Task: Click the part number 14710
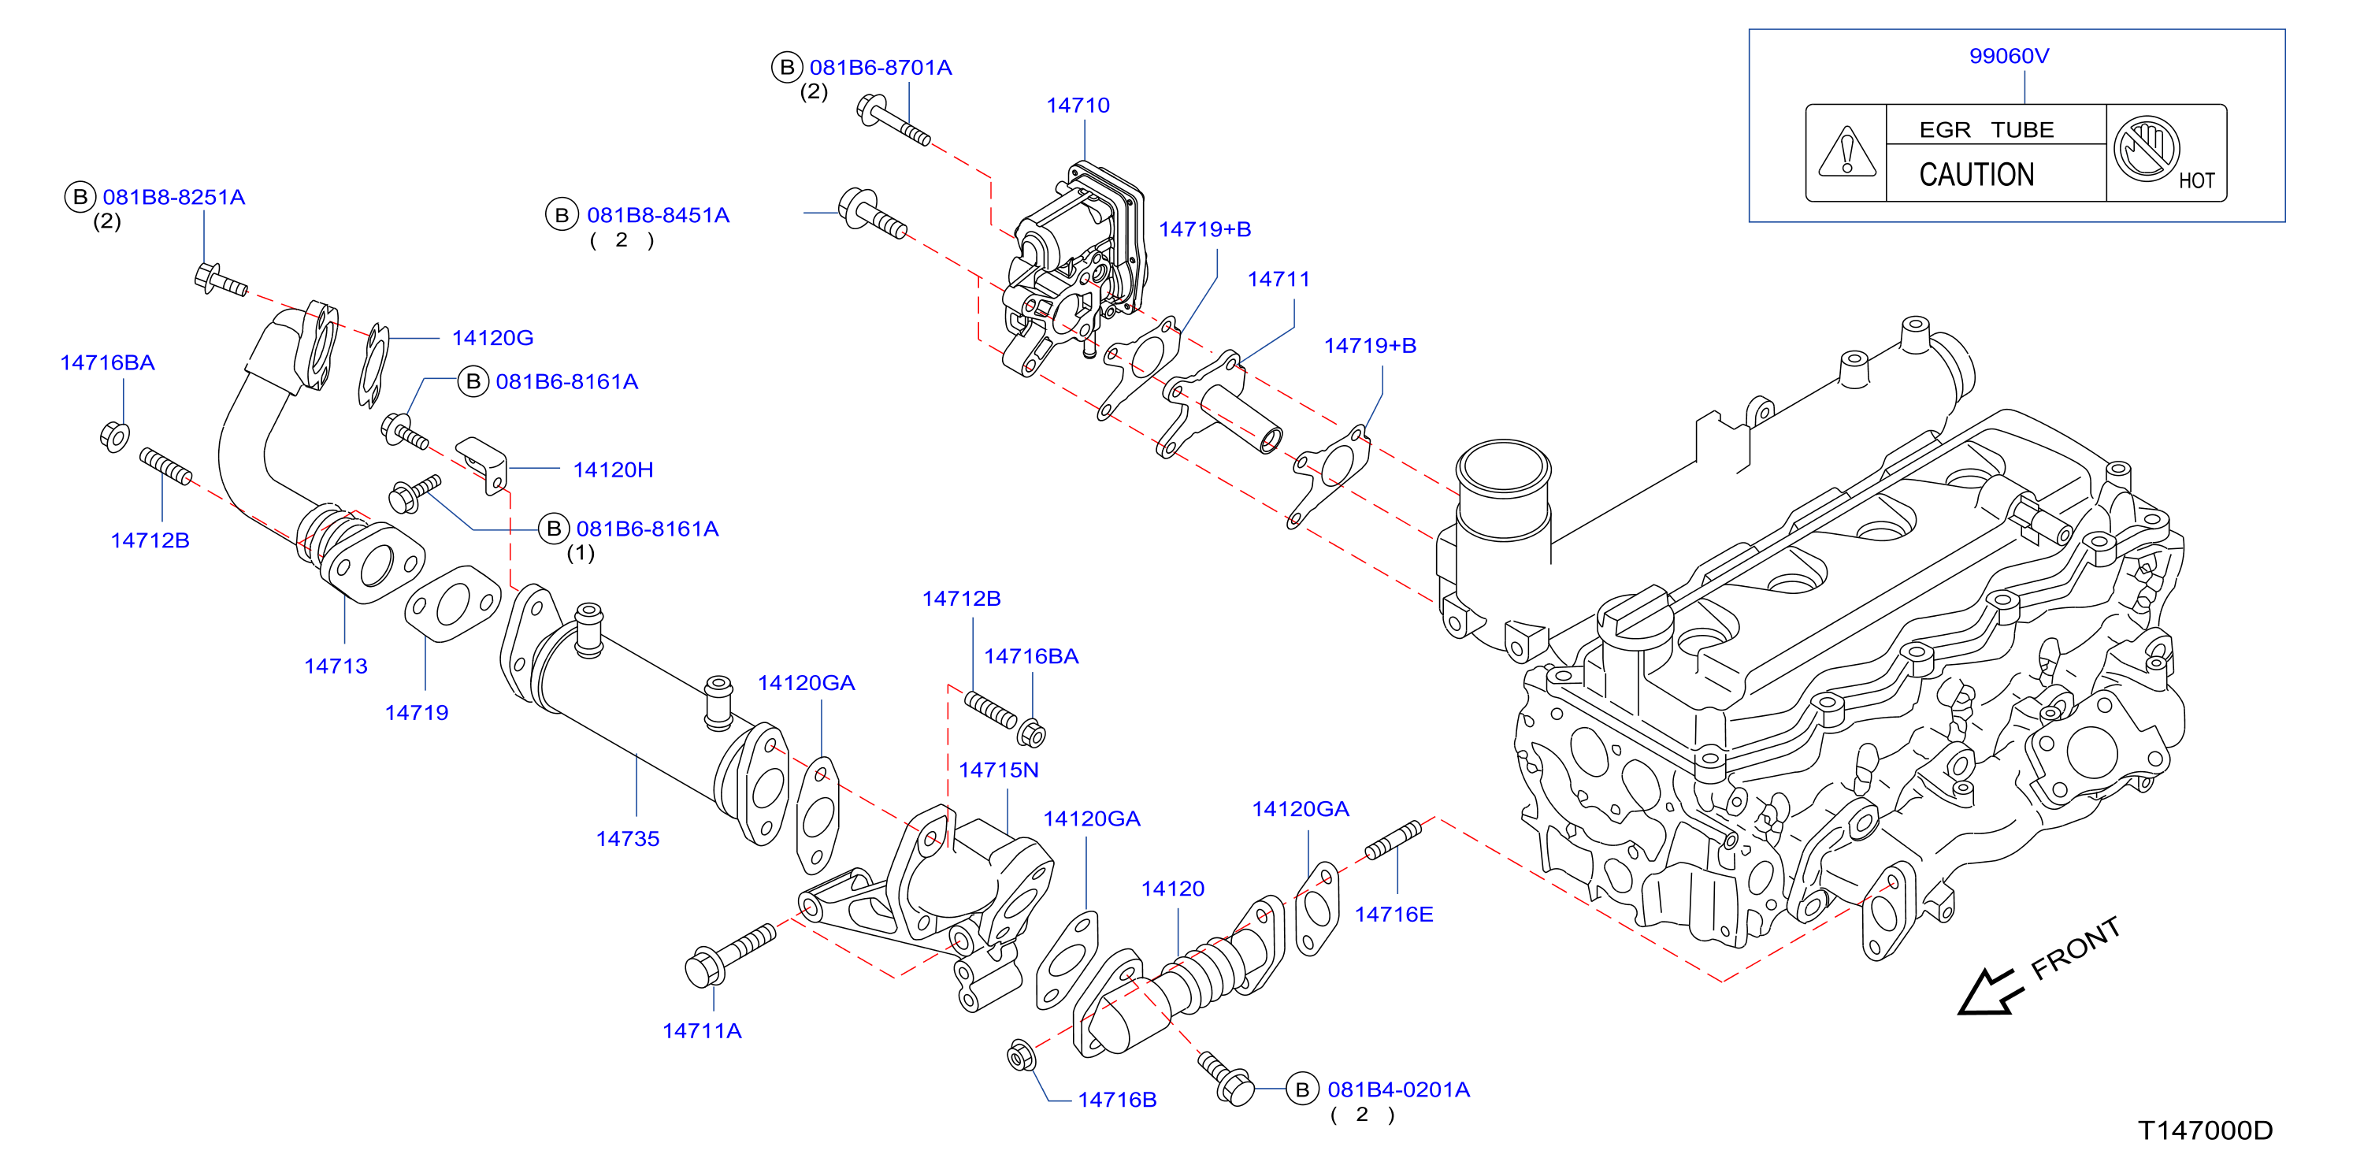coord(1078,106)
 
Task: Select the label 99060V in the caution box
coord(2009,56)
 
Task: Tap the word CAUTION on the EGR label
coord(1976,174)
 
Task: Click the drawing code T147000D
coord(2205,1130)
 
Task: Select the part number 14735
coord(628,839)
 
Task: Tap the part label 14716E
coord(1394,914)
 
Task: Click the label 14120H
coord(613,469)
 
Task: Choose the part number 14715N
coord(999,770)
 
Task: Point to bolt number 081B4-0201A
coord(1398,1090)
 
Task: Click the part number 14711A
coord(702,1031)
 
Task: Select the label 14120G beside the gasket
coord(493,338)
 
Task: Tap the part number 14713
coord(336,666)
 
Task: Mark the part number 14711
coord(1278,279)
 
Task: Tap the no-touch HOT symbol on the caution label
coord(2147,149)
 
